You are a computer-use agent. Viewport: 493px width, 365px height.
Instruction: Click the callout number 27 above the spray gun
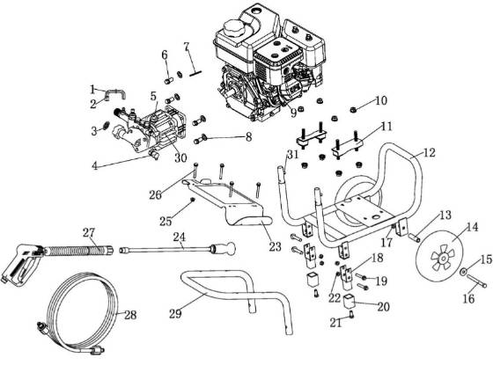coord(88,233)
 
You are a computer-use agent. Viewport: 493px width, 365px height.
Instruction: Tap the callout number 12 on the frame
coord(429,152)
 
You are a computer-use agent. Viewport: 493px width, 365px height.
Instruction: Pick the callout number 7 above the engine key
coord(186,45)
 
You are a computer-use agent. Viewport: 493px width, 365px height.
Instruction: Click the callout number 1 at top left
coord(92,88)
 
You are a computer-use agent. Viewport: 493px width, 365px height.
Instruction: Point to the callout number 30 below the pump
coord(180,158)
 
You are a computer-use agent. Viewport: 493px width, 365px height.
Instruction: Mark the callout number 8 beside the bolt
coord(248,137)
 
